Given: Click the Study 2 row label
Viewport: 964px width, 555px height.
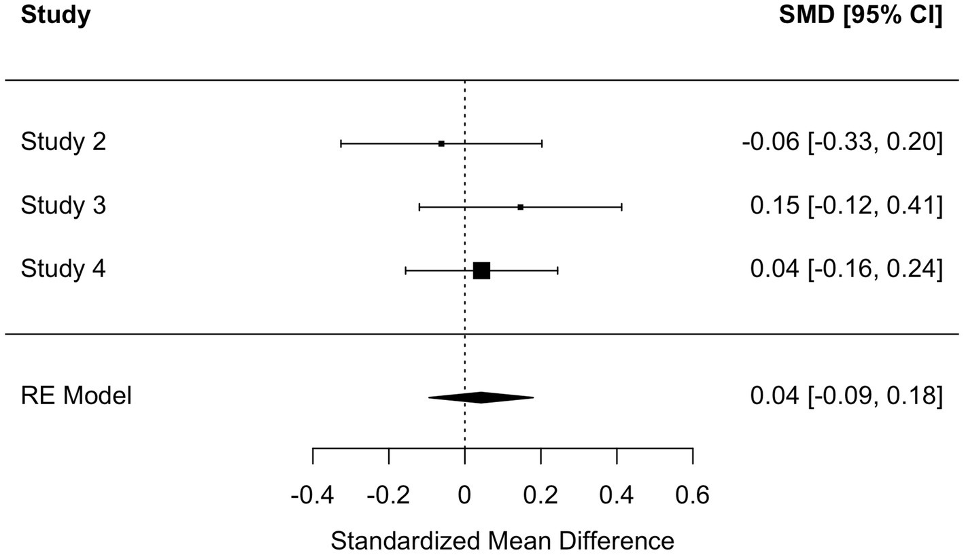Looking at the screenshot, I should pyautogui.click(x=63, y=143).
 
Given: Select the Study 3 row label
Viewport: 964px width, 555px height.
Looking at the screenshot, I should pyautogui.click(x=63, y=206).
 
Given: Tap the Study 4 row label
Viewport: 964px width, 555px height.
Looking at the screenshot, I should pyautogui.click(x=63, y=270).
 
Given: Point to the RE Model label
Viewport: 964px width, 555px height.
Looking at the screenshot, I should pyautogui.click(x=76, y=395).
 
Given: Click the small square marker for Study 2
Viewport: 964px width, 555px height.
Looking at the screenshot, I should pyautogui.click(x=441, y=143).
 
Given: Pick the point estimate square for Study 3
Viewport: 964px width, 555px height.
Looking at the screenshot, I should pyautogui.click(x=520, y=207).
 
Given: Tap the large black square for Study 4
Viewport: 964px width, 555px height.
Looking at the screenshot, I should pyautogui.click(x=481, y=270).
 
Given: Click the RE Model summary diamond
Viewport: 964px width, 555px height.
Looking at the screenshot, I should pyautogui.click(x=481, y=397).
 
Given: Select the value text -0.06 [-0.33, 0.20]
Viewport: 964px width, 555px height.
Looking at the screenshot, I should pyautogui.click(x=842, y=143).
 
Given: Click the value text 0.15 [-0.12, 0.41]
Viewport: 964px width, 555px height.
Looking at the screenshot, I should pyautogui.click(x=846, y=206).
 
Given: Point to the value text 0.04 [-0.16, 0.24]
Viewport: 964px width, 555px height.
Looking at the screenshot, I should pyautogui.click(x=846, y=270).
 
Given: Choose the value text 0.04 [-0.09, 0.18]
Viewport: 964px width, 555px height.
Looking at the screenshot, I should pyautogui.click(x=846, y=395).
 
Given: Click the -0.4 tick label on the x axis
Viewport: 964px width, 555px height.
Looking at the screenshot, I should pyautogui.click(x=312, y=495).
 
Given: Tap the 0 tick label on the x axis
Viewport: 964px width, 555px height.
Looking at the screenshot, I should pyautogui.click(x=464, y=495).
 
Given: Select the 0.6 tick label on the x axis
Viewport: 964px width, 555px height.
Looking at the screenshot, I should pyautogui.click(x=693, y=495).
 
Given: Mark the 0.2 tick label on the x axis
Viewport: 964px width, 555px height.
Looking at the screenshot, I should pyautogui.click(x=540, y=495).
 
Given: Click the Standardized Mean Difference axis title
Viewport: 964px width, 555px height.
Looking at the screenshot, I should pyautogui.click(x=502, y=541).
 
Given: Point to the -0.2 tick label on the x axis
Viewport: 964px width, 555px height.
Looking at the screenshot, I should pyautogui.click(x=388, y=495).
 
